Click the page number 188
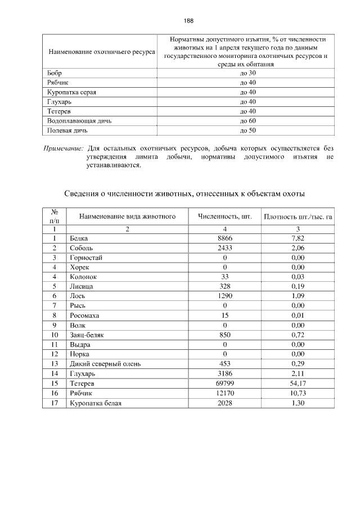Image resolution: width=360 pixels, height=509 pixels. tap(188, 21)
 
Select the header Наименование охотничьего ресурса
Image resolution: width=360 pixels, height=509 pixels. tap(102, 52)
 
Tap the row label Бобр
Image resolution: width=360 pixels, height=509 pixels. tap(55, 73)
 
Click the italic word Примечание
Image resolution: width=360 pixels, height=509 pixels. tap(64, 148)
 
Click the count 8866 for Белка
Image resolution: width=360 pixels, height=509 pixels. tap(224, 238)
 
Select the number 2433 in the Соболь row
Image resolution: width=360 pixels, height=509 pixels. tap(224, 248)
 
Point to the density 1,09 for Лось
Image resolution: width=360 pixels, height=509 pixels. tap(298, 296)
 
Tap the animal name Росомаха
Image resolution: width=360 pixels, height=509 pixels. tap(85, 315)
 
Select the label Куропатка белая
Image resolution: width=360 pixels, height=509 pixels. tap(96, 402)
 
